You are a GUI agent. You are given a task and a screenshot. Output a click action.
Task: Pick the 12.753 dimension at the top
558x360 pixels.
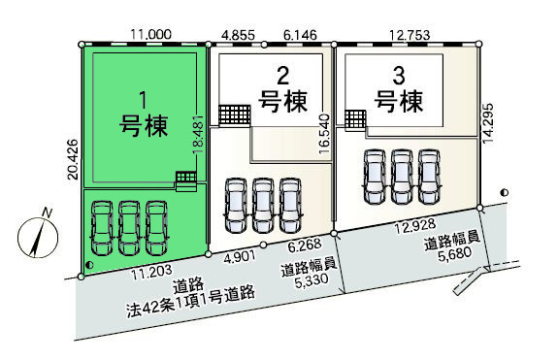[406, 34]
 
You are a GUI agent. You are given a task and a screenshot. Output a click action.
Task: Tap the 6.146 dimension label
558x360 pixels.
[298, 34]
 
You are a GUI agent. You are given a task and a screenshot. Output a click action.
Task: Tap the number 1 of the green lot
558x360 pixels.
[143, 98]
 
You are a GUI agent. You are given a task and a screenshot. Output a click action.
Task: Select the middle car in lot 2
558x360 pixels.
[262, 205]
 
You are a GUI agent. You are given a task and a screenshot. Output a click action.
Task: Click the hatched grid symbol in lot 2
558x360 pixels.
[233, 115]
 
